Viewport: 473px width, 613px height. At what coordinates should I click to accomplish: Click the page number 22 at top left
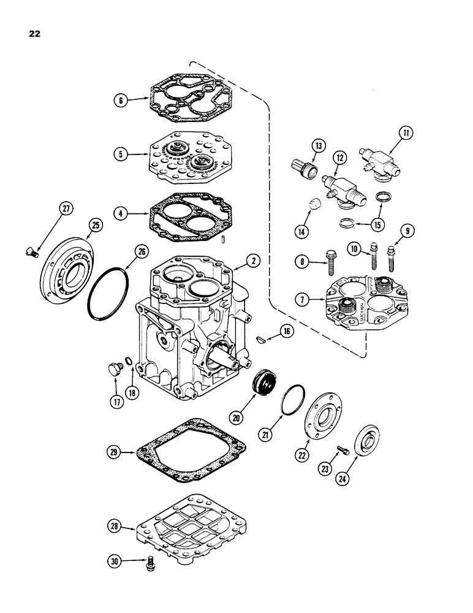(x=34, y=34)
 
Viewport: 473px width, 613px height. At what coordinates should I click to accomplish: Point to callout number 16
(x=287, y=332)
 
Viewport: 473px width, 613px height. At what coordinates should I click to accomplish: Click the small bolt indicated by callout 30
(x=151, y=562)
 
